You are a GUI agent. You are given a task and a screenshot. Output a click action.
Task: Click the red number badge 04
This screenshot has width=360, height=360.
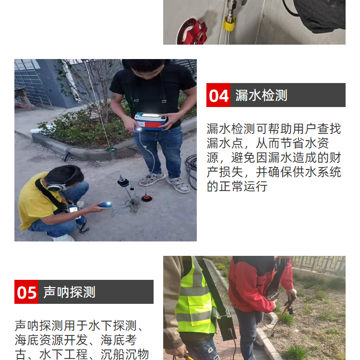pos(218,95)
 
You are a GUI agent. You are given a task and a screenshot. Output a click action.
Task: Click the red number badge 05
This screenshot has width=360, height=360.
pos(26,292)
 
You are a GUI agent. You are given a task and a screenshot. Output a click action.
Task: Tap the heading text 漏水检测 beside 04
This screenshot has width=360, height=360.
pos(261,96)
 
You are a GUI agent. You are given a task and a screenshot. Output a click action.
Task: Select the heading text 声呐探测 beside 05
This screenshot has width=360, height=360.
pos(69,292)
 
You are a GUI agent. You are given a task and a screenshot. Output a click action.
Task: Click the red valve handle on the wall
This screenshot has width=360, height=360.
pos(192,32)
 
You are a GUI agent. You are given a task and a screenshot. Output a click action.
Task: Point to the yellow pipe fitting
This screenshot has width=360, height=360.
pos(228,23)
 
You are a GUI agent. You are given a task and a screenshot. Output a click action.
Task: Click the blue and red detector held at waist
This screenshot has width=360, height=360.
pos(151,121)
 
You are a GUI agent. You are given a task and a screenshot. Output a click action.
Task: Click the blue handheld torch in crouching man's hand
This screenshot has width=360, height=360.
pos(105,204)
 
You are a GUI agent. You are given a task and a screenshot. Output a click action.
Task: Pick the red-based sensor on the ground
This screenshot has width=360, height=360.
pos(147,198)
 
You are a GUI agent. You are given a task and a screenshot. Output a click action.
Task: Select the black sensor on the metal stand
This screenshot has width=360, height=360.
pos(123,181)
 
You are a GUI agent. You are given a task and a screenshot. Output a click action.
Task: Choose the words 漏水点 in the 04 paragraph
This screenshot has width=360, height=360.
pos(225,144)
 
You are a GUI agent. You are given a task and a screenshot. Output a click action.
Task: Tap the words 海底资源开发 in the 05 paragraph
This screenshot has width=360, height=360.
pos(51,340)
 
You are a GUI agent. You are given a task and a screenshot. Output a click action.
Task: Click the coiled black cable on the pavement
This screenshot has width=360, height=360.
pos(191,171)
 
